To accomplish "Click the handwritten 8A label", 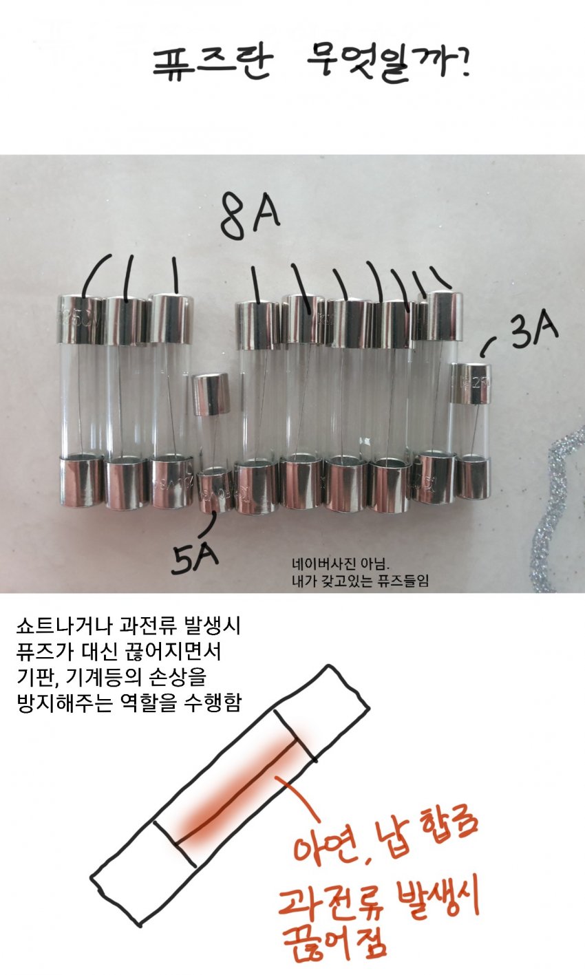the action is tap(249, 216).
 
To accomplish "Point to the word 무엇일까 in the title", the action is tap(388, 63).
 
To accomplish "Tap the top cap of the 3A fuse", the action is tap(471, 383).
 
